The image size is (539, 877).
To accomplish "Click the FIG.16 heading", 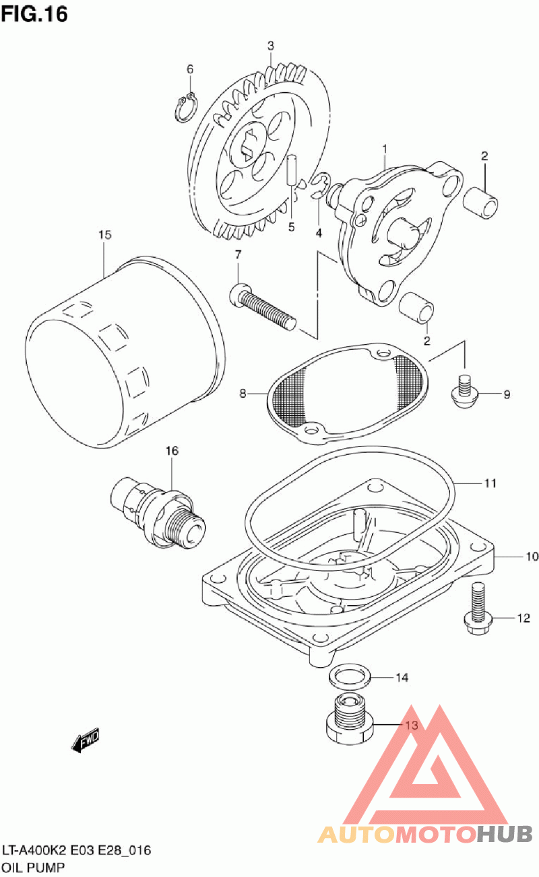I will (34, 13).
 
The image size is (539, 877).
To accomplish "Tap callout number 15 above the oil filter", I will (104, 235).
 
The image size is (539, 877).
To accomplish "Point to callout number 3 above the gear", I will (270, 45).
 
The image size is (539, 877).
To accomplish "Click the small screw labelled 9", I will (464, 393).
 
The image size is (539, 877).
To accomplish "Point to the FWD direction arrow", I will (86, 742).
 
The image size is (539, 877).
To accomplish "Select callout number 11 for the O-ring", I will (490, 483).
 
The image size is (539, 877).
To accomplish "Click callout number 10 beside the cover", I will (513, 557).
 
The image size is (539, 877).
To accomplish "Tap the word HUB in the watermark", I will (505, 835).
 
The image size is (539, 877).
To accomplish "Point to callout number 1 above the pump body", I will (385, 147).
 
